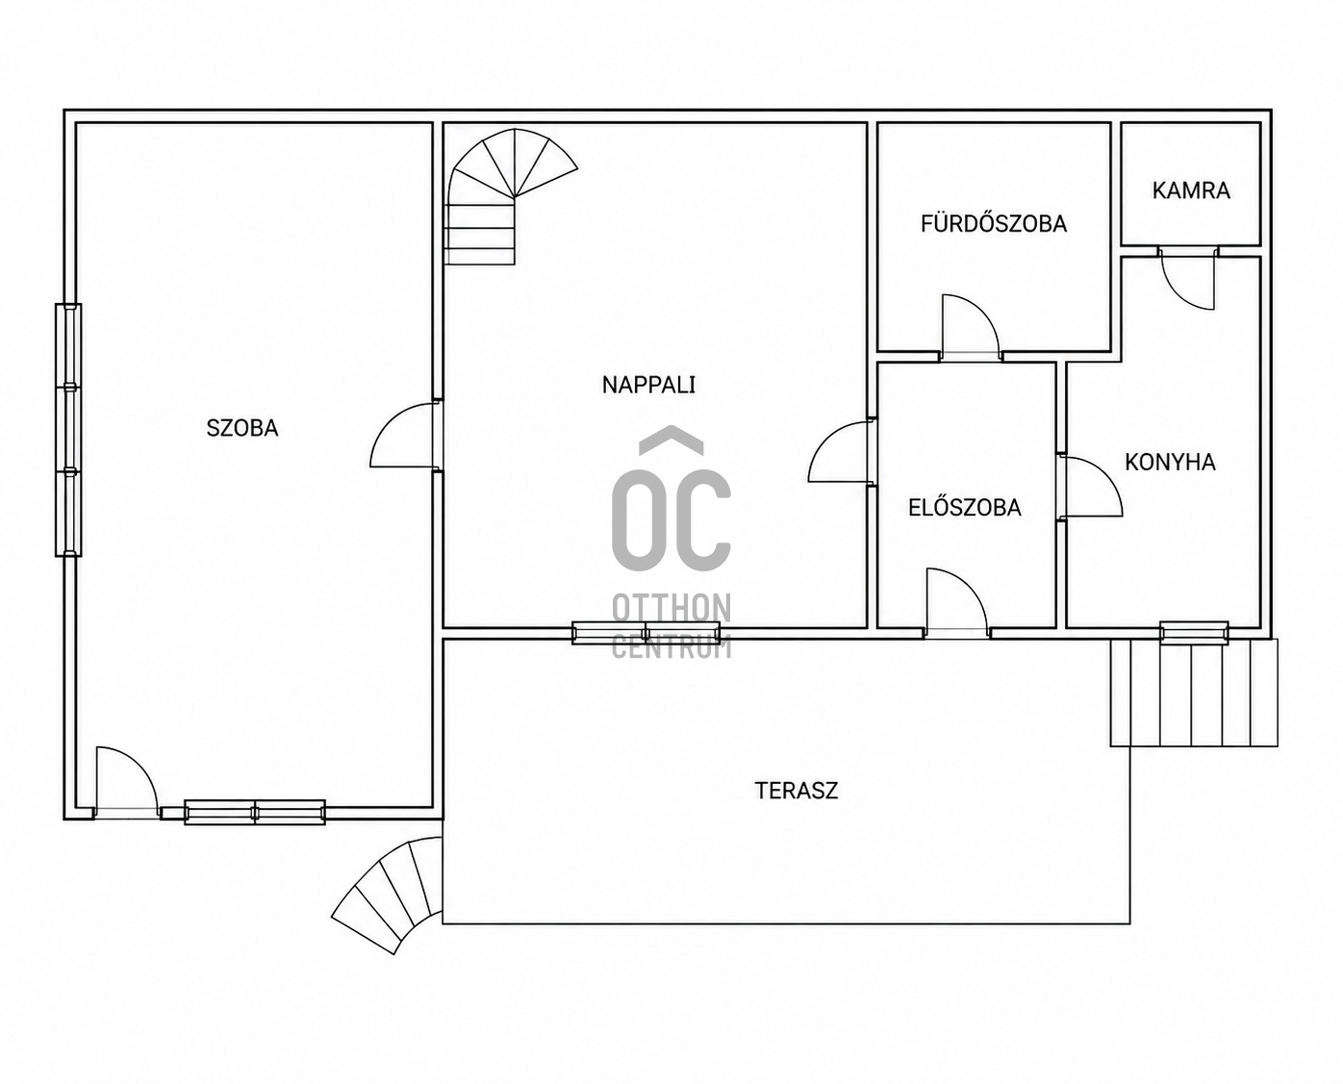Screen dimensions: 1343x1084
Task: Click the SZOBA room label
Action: coord(242,429)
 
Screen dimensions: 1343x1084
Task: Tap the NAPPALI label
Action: coord(648,385)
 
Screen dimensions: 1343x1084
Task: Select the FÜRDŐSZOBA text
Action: coord(994,223)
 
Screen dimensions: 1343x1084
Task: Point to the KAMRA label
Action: coord(1191,190)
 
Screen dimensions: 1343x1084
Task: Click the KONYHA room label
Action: coord(1170,462)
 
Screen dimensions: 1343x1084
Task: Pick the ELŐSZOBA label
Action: coord(965,507)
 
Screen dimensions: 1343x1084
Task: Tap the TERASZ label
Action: coord(797,791)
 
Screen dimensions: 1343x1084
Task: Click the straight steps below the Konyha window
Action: coord(1194,693)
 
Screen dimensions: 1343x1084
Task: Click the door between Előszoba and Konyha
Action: coord(1091,487)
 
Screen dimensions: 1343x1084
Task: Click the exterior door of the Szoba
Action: coord(127,782)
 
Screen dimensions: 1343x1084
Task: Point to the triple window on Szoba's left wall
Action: coord(68,430)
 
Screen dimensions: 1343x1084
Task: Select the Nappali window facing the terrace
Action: coord(646,633)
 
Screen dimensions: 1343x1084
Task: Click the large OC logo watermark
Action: coord(671,499)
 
